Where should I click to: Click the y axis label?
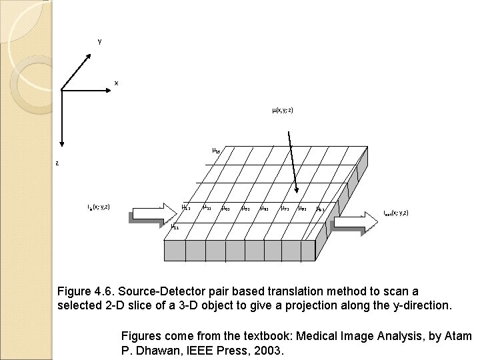pos(99,41)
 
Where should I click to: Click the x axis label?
pos(116,83)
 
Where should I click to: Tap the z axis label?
pos(57,163)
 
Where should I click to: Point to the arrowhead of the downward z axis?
pos(61,142)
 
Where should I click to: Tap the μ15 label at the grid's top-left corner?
pos(215,150)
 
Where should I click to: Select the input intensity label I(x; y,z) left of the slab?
pos(99,207)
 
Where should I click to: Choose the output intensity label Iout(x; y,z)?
pos(396,213)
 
